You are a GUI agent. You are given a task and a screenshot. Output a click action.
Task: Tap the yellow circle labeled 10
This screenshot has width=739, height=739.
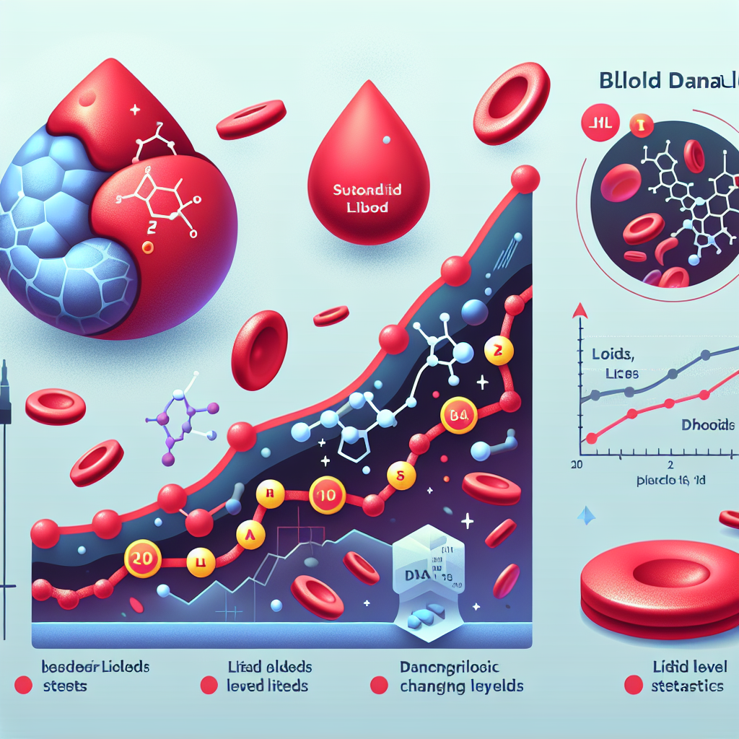click(x=323, y=497)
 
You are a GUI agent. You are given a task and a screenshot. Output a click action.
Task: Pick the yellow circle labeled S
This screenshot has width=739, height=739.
click(x=399, y=475)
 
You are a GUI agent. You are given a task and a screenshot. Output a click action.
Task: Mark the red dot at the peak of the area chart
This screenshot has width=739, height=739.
click(x=525, y=178)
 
